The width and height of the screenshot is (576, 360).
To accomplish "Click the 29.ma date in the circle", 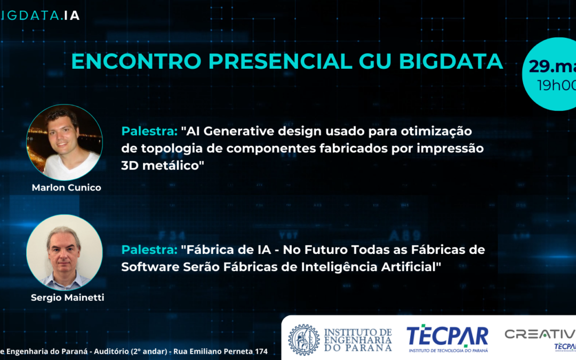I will tap(553, 66).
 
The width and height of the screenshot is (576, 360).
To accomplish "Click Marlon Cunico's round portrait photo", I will tap(65, 142).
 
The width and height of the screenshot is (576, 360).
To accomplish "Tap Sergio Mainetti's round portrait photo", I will tap(65, 252).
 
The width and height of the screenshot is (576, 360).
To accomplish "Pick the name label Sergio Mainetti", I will tap(67, 298).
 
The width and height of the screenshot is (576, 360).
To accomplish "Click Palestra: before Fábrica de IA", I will tap(149, 250).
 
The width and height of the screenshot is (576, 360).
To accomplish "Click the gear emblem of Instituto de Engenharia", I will tap(304, 339).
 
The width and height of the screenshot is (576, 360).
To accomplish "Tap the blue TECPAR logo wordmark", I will tap(447, 336).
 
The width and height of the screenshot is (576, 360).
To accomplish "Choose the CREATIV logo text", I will tap(540, 334).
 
